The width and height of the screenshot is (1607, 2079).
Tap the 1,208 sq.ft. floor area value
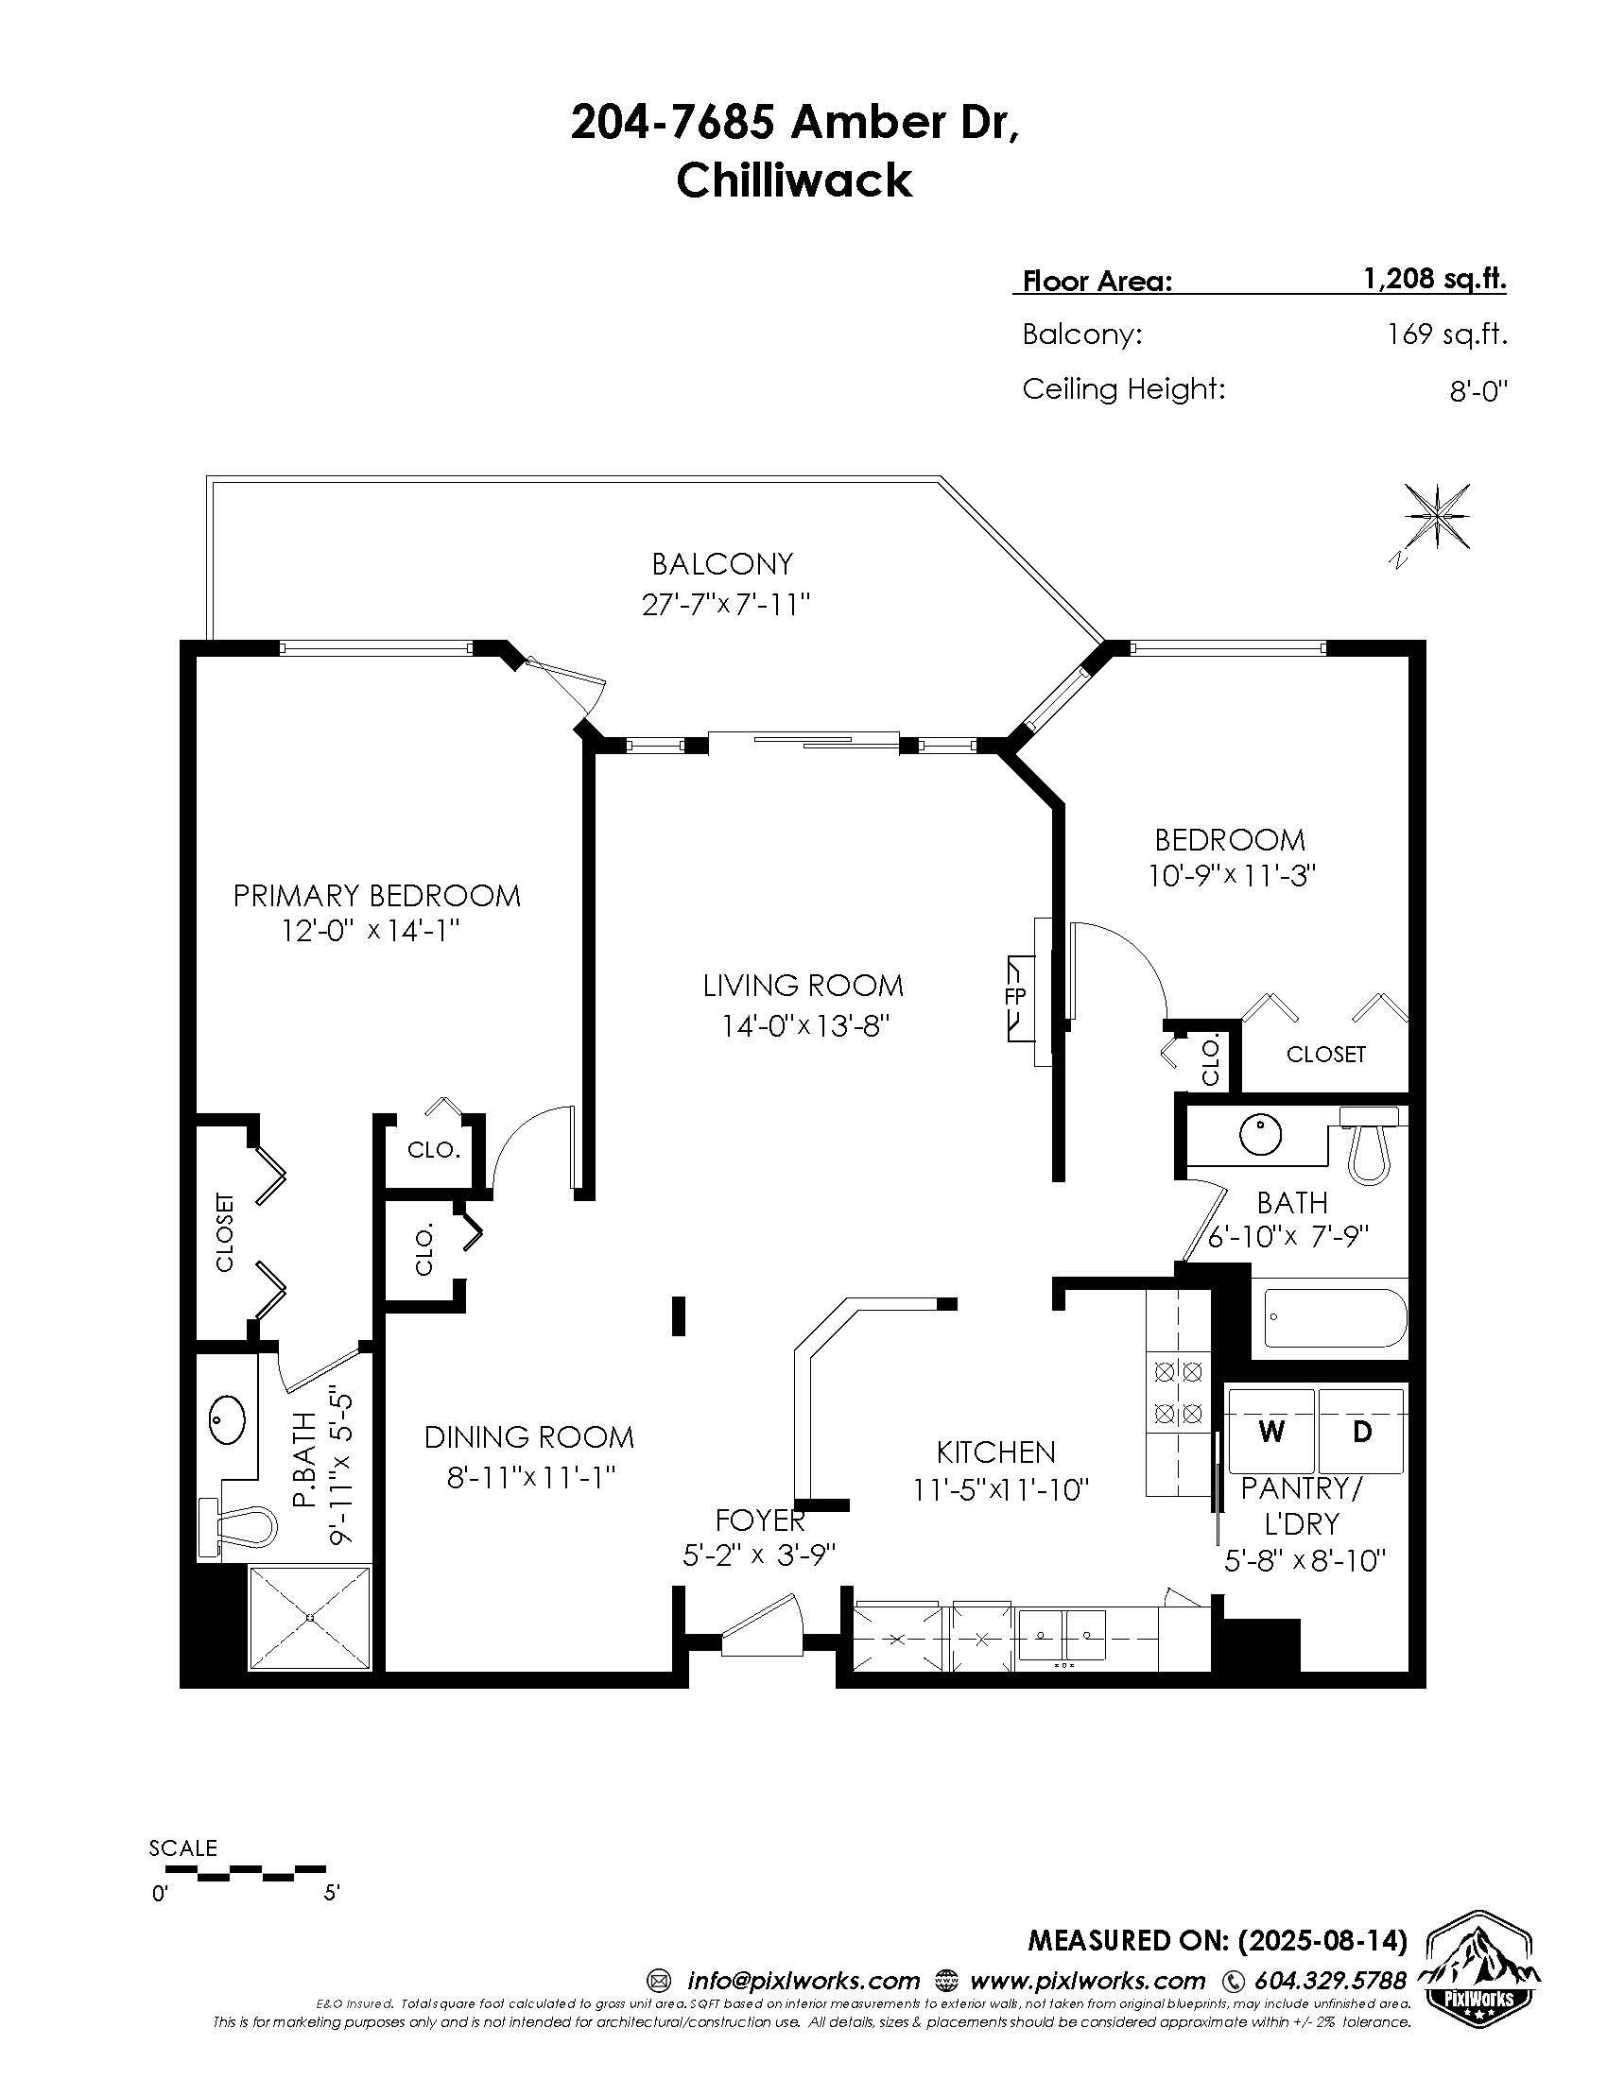(1435, 279)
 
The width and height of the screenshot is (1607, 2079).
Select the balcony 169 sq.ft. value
(1447, 335)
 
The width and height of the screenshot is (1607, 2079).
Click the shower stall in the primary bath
(310, 1618)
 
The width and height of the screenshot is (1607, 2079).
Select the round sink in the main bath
(1260, 1134)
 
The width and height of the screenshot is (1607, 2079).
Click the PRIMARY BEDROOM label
(377, 896)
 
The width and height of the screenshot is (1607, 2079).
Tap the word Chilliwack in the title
(794, 180)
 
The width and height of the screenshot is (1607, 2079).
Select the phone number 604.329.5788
(1330, 1981)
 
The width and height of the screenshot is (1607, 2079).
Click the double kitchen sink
(1062, 1636)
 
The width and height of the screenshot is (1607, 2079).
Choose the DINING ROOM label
(529, 1436)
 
